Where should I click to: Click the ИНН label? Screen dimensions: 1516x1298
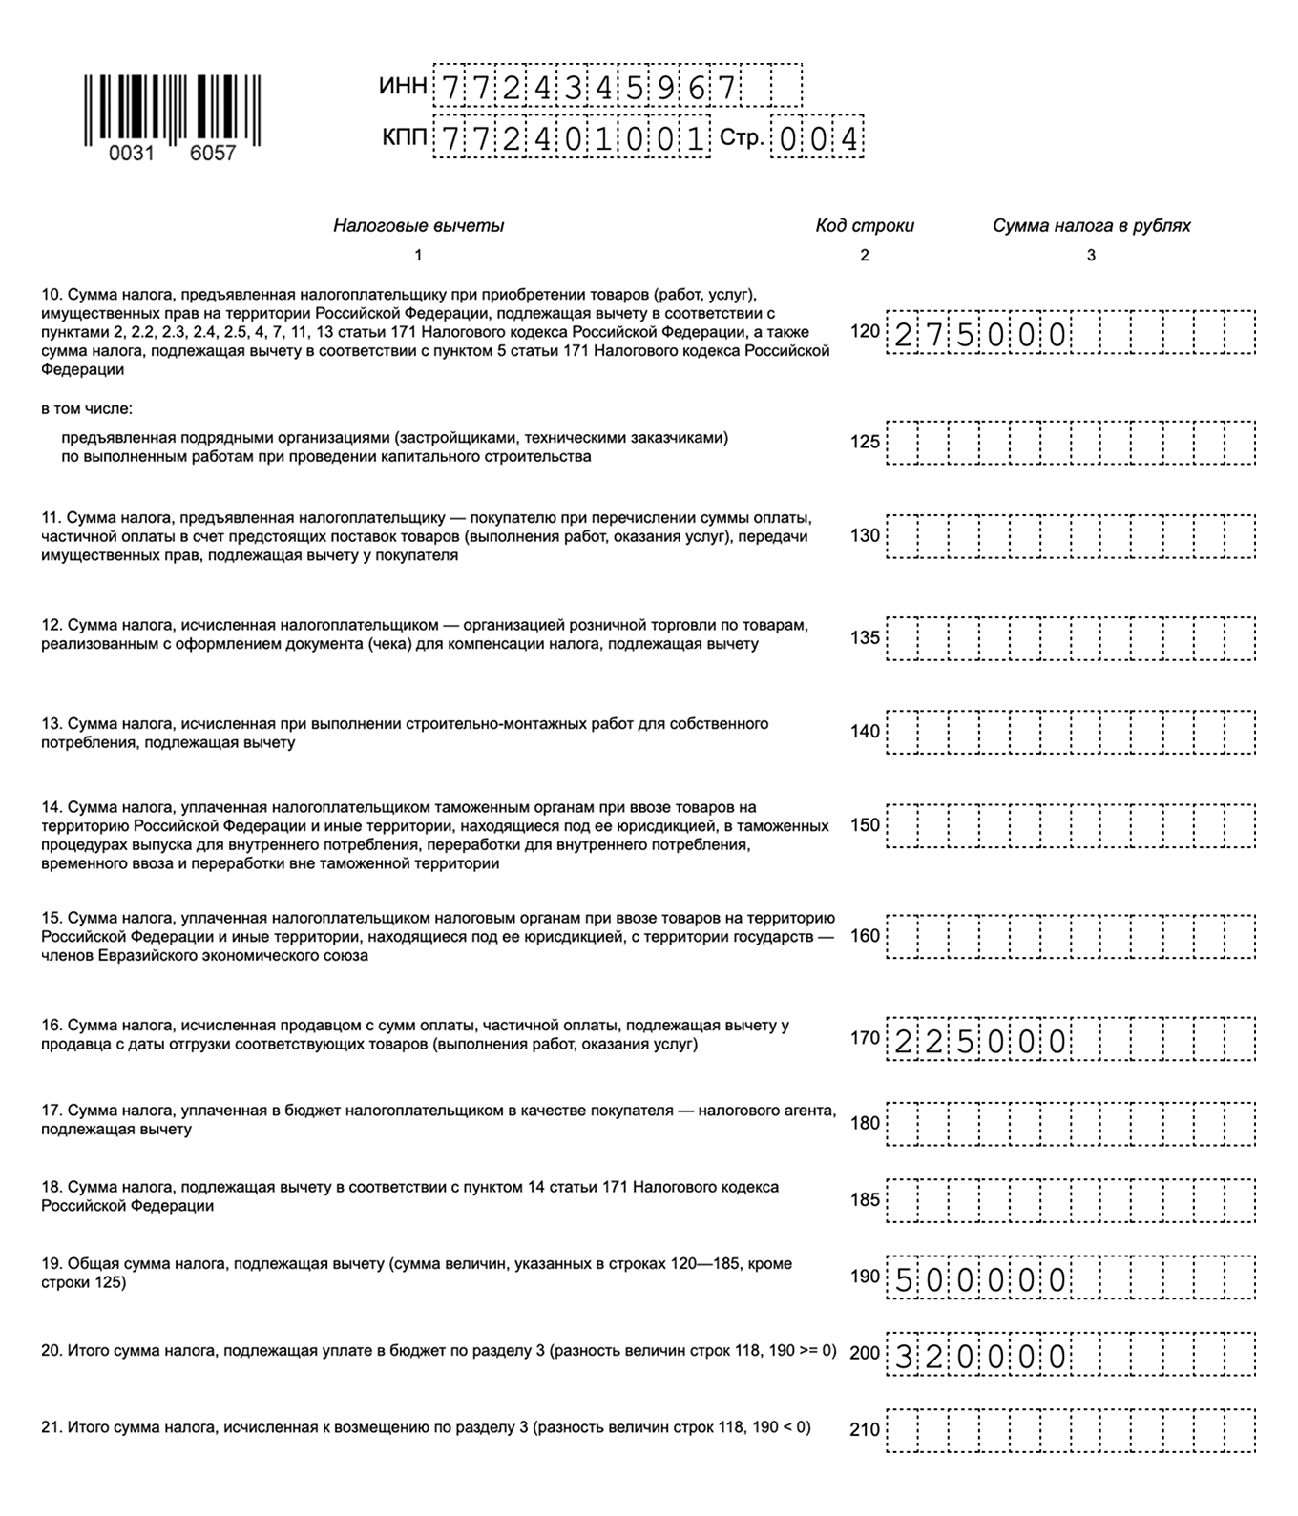point(403,87)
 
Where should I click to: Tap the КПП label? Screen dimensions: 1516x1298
point(404,138)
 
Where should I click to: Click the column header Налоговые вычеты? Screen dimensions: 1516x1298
point(418,226)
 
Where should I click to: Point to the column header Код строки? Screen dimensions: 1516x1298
point(864,226)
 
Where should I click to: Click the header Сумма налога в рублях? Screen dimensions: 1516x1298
point(1091,226)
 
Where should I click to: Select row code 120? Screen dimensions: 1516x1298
point(865,332)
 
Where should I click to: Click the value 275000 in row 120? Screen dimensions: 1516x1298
point(980,335)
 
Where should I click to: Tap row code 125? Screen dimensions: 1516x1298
point(865,443)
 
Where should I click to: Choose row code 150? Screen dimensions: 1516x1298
point(865,825)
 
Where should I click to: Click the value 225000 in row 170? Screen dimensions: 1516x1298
point(980,1041)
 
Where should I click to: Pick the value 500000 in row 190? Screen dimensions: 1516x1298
point(980,1278)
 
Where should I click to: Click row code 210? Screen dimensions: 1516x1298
point(865,1429)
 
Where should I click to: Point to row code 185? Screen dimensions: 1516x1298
point(865,1199)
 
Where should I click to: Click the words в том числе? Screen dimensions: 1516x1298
point(87,409)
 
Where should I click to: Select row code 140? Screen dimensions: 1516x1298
point(865,732)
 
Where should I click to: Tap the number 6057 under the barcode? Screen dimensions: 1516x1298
point(212,154)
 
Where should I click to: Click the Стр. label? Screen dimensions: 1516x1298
point(742,138)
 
